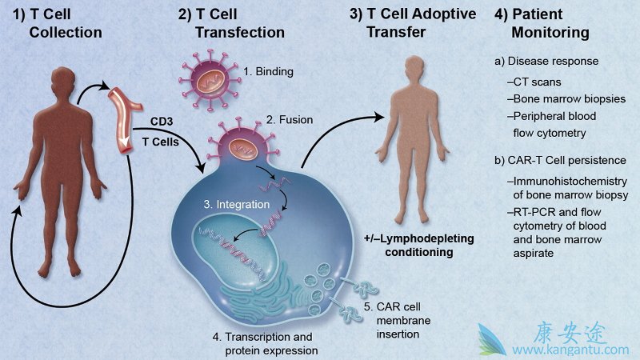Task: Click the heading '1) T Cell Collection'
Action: pyautogui.click(x=58, y=23)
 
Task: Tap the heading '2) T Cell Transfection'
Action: pyautogui.click(x=231, y=23)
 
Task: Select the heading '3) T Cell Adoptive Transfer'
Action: pyautogui.click(x=413, y=23)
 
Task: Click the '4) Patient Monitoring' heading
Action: pyautogui.click(x=542, y=23)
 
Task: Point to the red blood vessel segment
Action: pyautogui.click(x=125, y=120)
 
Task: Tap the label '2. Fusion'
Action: pyautogui.click(x=290, y=119)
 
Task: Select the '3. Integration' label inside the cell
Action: pyautogui.click(x=236, y=204)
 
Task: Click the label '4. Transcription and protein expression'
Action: pyautogui.click(x=265, y=344)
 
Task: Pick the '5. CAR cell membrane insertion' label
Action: pyautogui.click(x=397, y=321)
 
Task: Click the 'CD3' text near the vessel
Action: pyautogui.click(x=162, y=122)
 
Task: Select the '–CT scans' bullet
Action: pyautogui.click(x=534, y=82)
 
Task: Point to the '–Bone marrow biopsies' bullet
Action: pyautogui.click(x=566, y=98)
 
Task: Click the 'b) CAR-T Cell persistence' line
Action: pyautogui.click(x=560, y=161)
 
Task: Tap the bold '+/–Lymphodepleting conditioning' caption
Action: pyautogui.click(x=419, y=245)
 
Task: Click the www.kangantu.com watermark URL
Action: pyautogui.click(x=570, y=350)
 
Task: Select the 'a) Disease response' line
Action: pyautogui.click(x=546, y=62)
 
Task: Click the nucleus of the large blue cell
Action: pyautogui.click(x=235, y=248)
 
